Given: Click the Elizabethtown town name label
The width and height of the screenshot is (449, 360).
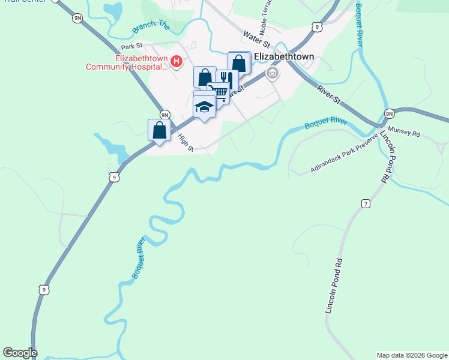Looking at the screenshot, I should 285,56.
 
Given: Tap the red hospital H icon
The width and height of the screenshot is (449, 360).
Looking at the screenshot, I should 176,61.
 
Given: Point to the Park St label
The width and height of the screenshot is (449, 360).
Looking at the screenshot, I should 131,46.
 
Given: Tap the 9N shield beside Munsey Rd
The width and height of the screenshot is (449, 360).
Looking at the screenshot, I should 389,113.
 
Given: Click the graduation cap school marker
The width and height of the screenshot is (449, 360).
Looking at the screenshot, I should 204,107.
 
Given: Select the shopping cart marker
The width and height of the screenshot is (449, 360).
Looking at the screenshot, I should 220,92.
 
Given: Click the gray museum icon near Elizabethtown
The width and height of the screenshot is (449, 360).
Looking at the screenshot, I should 272,73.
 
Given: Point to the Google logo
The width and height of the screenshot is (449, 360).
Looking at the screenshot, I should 20,353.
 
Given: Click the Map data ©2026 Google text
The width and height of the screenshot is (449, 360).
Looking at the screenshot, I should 411,355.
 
